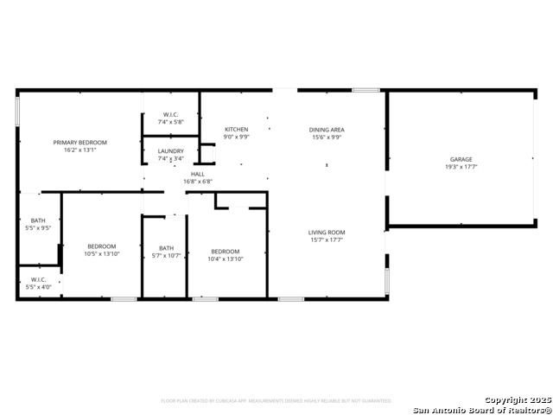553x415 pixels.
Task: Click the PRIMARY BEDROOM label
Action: point(79,142)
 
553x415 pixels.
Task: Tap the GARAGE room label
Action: point(461,159)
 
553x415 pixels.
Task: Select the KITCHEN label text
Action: point(236,130)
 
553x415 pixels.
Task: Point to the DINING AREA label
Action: point(327,130)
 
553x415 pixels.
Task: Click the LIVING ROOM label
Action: point(327,232)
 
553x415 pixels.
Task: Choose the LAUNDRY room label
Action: point(170,151)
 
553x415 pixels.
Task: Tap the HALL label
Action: point(198,174)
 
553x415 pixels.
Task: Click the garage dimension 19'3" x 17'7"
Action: point(461,167)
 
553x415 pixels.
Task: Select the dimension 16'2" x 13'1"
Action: point(79,150)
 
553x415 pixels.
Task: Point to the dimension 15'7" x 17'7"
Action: point(327,239)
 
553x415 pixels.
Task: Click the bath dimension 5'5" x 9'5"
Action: point(39,228)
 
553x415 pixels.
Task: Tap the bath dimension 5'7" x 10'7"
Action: point(166,255)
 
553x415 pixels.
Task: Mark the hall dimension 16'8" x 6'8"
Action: point(198,182)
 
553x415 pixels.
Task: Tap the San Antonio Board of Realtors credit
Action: point(481,409)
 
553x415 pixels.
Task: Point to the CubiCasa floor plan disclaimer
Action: point(276,400)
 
